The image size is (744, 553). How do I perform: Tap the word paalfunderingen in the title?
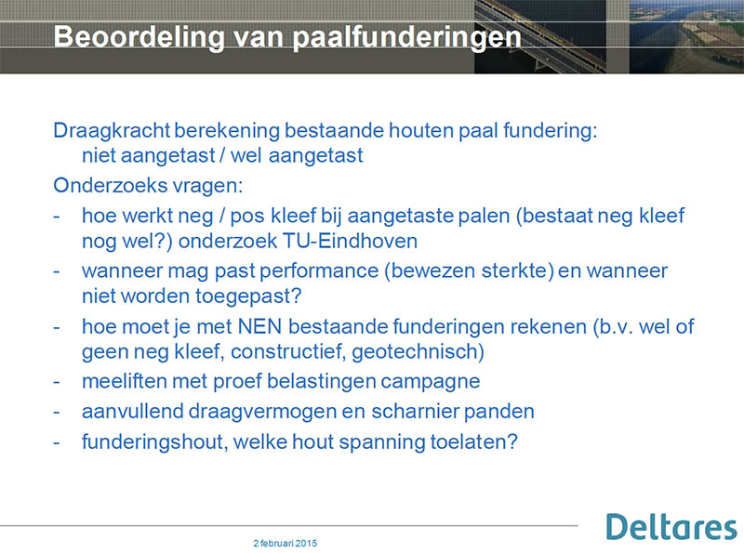(406, 37)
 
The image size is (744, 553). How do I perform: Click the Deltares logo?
(671, 526)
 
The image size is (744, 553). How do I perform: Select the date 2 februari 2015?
(286, 543)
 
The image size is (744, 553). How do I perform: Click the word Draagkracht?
(112, 130)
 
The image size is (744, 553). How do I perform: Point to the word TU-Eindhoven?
(350, 241)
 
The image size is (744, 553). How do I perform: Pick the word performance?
(319, 271)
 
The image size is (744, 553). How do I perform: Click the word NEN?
(259, 326)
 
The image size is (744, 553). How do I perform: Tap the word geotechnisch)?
(418, 352)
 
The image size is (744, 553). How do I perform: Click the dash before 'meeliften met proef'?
(57, 382)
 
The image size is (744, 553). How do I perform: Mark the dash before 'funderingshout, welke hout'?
(57, 442)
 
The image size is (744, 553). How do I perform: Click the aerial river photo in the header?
(686, 36)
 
